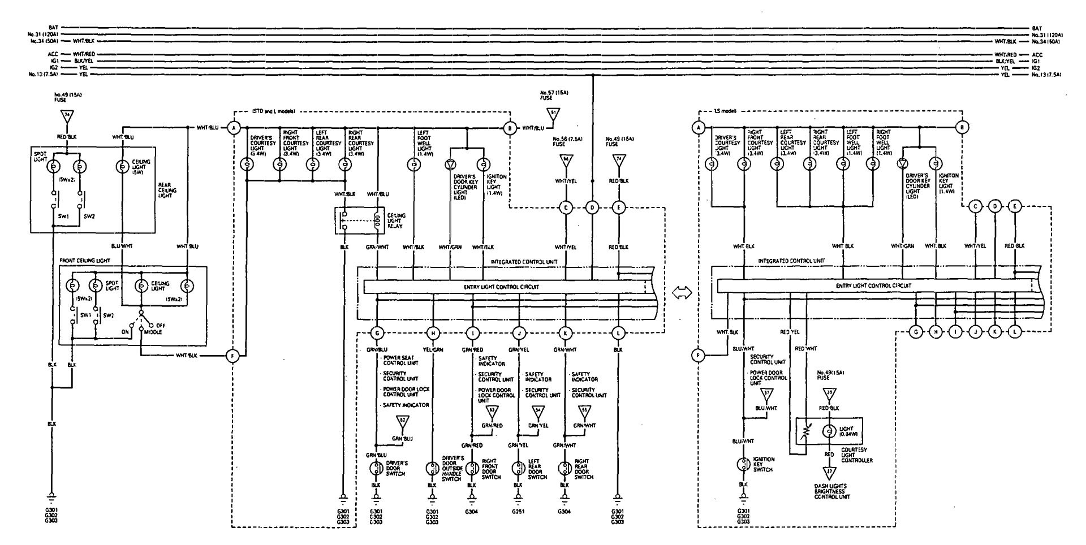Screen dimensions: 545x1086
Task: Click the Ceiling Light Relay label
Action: pos(396,219)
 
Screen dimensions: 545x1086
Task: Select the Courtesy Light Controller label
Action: pos(857,456)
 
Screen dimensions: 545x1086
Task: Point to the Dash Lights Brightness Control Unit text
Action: pos(830,491)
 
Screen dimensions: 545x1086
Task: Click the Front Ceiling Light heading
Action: pos(85,261)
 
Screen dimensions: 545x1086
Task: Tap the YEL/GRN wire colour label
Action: pos(433,349)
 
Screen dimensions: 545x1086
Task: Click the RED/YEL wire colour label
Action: pos(790,332)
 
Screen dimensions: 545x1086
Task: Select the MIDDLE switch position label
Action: pos(151,332)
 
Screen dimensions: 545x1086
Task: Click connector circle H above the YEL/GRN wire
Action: pos(433,334)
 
